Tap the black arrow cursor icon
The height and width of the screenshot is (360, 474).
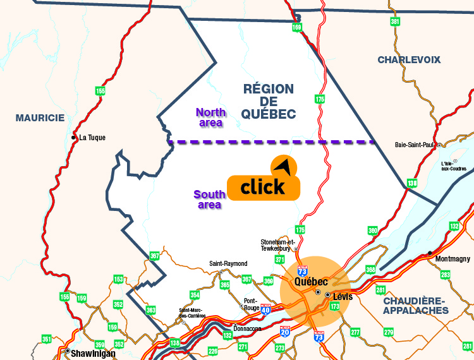click(284, 167)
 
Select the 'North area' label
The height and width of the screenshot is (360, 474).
click(210, 117)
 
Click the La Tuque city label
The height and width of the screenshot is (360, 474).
click(92, 138)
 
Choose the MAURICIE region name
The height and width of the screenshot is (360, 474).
click(40, 117)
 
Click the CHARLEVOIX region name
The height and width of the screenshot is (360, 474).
click(409, 60)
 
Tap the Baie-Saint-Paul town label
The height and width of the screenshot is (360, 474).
click(415, 145)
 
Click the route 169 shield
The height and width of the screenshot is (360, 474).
click(297, 28)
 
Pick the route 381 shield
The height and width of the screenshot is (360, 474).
click(395, 22)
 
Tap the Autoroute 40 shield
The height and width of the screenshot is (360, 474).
click(265, 309)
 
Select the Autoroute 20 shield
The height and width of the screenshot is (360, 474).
click(285, 330)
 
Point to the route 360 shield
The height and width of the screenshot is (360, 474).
click(372, 231)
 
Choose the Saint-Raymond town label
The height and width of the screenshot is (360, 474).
click(228, 264)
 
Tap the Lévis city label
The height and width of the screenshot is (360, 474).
click(342, 296)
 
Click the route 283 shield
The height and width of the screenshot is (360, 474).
click(445, 275)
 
